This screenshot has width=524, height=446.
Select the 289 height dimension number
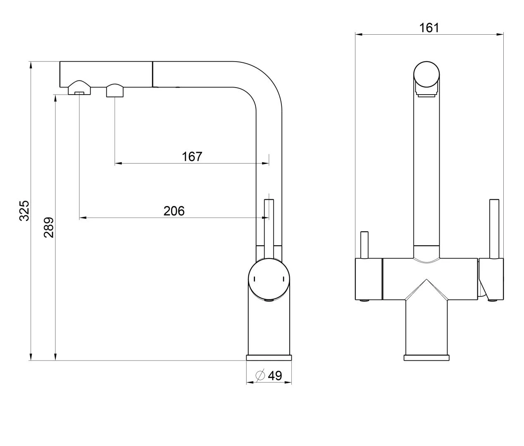coord(49,227)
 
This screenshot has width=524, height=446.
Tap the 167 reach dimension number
coord(192,157)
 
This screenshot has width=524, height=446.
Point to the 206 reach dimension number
coord(174,211)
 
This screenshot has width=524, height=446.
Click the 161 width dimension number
coord(429,28)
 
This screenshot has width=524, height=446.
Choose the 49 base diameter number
coord(275,375)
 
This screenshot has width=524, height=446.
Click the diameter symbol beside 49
coord(260,375)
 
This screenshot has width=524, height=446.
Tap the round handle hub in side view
coord(269,279)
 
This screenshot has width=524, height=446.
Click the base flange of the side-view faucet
coord(269,358)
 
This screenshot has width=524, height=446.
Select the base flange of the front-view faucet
coord(426,358)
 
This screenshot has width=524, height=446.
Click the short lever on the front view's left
coord(364,245)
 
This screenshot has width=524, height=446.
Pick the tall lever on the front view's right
coord(494,229)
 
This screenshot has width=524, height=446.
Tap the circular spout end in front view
coord(426,74)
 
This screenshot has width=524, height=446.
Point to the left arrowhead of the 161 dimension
coord(358,34)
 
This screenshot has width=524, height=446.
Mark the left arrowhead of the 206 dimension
coord(83,218)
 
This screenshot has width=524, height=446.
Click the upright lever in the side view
coord(269,230)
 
